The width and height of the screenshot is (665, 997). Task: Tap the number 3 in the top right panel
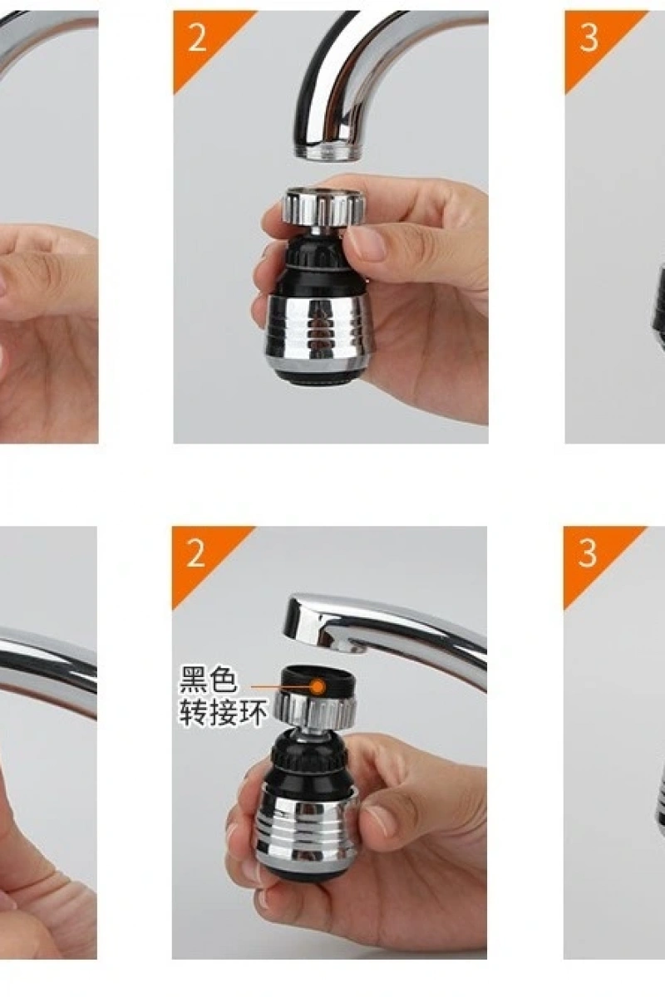tap(589, 38)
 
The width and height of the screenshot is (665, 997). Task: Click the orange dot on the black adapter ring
tap(318, 687)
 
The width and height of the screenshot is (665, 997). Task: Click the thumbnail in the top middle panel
tap(366, 243)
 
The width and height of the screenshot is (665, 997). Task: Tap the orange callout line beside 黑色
tap(281, 687)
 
